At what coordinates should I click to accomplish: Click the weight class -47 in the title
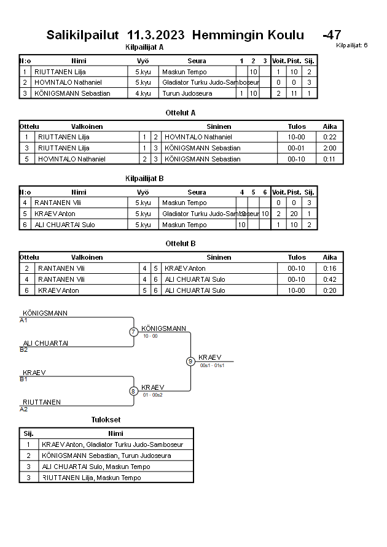tap(332, 35)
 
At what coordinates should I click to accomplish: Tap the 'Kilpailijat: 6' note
tap(352, 45)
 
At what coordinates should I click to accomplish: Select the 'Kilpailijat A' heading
tap(144, 47)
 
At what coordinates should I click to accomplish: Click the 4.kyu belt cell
tap(143, 93)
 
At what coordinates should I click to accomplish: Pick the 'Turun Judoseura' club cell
tap(187, 93)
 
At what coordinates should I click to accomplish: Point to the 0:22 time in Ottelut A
tap(330, 137)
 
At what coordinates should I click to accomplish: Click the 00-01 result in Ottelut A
tap(297, 148)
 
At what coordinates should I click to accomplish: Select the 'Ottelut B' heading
tap(181, 244)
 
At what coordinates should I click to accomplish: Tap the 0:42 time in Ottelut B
tap(330, 279)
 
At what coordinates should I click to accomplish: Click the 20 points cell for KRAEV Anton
tap(294, 214)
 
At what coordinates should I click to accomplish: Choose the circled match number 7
tap(133, 332)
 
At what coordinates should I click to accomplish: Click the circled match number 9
tap(190, 361)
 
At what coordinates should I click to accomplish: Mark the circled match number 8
tap(133, 390)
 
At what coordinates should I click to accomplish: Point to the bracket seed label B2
tap(23, 349)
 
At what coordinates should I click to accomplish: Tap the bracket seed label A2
tap(23, 409)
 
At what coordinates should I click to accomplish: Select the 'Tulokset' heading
tap(106, 420)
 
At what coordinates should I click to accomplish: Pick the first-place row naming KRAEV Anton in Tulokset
tap(112, 444)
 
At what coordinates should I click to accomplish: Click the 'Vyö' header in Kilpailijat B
tap(143, 192)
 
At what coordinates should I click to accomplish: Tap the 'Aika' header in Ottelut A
tap(330, 126)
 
